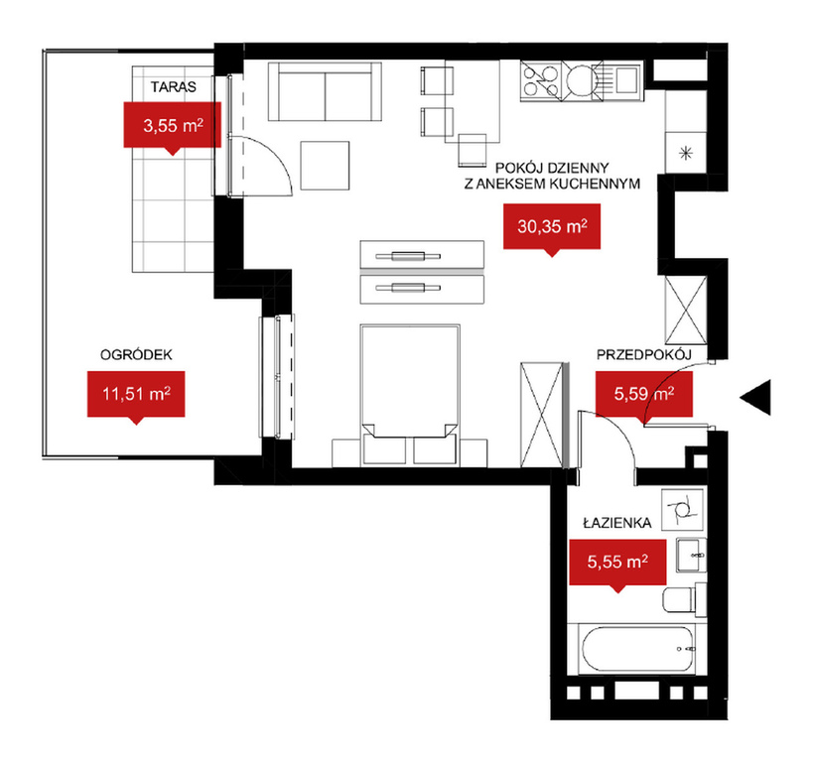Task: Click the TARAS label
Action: coord(173,86)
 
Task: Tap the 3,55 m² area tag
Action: coord(172,125)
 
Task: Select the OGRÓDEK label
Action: coord(136,354)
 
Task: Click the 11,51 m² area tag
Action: coord(136,394)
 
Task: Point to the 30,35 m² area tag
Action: coord(552,226)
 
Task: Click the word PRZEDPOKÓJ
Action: coord(644,354)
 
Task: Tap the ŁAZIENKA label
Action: coord(617,523)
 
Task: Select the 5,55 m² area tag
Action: coord(617,562)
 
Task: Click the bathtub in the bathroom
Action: coord(636,650)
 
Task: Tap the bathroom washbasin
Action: coord(691,555)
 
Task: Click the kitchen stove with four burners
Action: coord(541,80)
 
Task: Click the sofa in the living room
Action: coord(325,91)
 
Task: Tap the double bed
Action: coord(410,395)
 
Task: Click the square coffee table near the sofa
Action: coord(325,166)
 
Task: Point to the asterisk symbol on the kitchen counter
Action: coord(686,153)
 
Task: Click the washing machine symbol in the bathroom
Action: coord(682,509)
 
